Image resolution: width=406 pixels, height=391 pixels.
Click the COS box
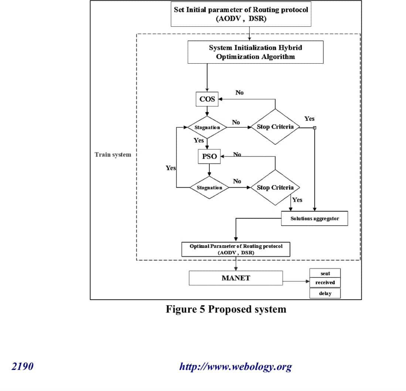coord(207,99)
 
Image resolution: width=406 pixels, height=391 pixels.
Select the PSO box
coord(209,156)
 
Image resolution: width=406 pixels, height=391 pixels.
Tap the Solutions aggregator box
coord(314,219)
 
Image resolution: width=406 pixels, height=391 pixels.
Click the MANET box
coord(236,278)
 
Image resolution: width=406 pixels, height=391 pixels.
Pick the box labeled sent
coord(325,274)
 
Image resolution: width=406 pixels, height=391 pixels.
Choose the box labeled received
coord(325,283)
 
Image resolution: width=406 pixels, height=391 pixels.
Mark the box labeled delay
coord(325,294)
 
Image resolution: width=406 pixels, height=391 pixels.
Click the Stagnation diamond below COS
coord(207,127)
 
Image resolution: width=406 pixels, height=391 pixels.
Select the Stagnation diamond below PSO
coord(209,188)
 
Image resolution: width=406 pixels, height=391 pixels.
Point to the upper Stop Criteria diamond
coord(275,127)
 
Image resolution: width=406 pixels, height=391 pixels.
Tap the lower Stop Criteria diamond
coord(275,188)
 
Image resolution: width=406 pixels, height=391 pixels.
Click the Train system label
coord(113,155)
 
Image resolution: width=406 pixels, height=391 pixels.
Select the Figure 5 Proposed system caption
coord(226,309)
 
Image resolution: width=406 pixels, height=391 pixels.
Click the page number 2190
coord(23,367)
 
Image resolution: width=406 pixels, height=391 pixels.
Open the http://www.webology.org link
coord(235,367)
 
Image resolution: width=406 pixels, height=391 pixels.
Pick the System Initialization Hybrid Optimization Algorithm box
coord(256,52)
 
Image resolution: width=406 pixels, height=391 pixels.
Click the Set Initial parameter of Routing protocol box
coord(241,14)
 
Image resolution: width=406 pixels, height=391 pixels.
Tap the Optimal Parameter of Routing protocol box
coord(236,249)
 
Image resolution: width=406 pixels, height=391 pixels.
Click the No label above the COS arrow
coord(239,92)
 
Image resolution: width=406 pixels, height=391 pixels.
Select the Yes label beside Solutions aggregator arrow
coord(297,200)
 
